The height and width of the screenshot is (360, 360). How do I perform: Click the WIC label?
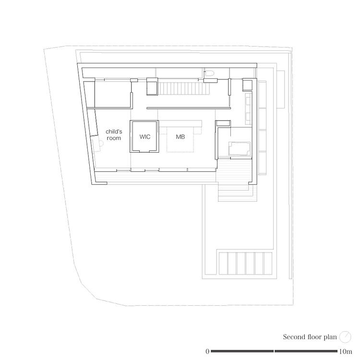tap(145, 137)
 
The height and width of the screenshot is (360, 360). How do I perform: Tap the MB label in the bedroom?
tap(180, 137)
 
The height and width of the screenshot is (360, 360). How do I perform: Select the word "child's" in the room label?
tap(114, 132)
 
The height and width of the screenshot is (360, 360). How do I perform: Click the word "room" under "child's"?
tap(114, 138)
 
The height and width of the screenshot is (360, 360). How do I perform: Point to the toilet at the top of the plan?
tap(209, 73)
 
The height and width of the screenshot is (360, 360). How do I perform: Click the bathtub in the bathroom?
tap(239, 148)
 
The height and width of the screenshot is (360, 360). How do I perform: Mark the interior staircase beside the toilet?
tap(185, 88)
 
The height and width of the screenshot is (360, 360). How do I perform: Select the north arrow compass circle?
tap(345, 337)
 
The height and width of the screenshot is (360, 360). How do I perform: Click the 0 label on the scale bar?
tap(207, 351)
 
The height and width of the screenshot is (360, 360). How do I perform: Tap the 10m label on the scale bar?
tap(345, 351)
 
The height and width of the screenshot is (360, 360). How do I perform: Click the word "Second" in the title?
tap(295, 337)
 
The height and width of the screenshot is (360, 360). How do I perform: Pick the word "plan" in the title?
tap(330, 337)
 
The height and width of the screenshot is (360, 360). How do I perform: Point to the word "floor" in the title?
tap(314, 337)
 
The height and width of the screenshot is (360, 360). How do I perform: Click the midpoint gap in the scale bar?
tap(274, 351)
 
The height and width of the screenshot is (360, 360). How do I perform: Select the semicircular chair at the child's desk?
tap(101, 143)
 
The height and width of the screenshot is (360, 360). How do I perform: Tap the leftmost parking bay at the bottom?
tap(223, 264)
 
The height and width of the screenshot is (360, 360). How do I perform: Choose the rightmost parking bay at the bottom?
tap(268, 264)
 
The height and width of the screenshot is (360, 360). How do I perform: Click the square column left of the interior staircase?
tap(152, 86)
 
